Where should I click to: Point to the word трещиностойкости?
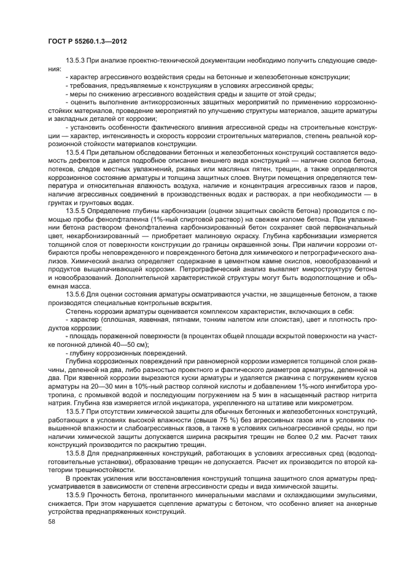tap(78, 469)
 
